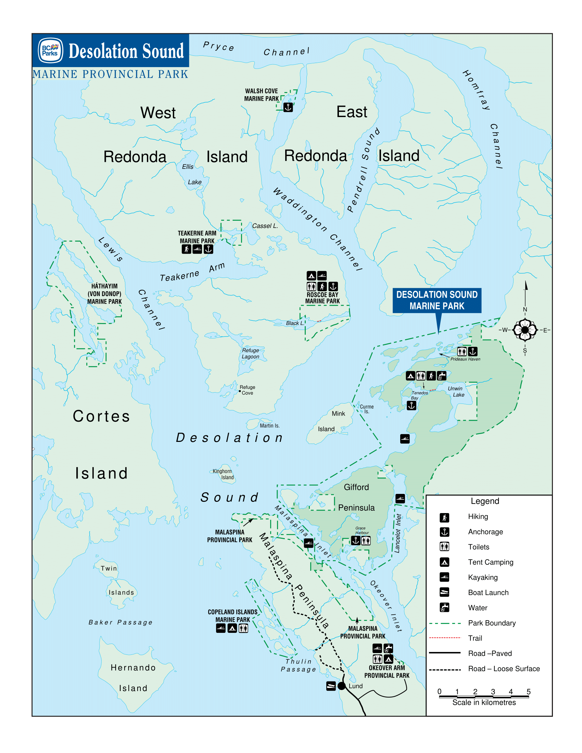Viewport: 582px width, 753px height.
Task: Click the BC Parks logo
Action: tap(50, 51)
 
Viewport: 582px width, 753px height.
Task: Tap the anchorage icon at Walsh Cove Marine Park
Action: tap(288, 107)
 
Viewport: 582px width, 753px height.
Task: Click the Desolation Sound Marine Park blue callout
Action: tap(436, 300)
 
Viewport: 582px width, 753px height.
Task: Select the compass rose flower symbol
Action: tap(525, 330)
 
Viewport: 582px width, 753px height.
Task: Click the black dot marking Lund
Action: tap(341, 686)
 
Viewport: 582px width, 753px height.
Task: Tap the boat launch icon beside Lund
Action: tap(331, 686)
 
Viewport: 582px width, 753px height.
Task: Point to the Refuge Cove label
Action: tap(247, 390)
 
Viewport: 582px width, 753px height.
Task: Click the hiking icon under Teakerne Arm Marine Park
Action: tap(186, 249)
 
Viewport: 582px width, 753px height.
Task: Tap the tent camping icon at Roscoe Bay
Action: tap(311, 276)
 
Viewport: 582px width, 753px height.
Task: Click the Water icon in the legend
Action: tap(444, 608)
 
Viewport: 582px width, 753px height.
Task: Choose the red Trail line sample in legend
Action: tap(445, 638)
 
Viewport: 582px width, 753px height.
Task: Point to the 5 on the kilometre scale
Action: tap(529, 692)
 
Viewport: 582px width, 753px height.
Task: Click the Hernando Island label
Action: tap(133, 677)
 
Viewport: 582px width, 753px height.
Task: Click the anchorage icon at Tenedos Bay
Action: tap(411, 406)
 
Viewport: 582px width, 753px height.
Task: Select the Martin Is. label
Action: tap(270, 426)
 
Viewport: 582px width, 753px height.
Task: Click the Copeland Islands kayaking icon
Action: tap(221, 628)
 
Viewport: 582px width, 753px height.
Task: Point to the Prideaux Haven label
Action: tap(465, 359)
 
